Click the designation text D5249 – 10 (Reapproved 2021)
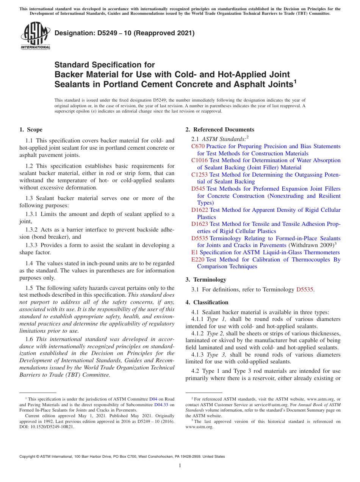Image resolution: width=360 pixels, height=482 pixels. [125, 33]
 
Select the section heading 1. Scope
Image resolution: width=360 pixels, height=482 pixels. [31, 130]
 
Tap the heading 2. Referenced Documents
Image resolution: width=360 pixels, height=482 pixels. [220, 130]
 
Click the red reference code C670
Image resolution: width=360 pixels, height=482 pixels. [198, 146]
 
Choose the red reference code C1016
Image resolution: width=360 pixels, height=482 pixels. [199, 160]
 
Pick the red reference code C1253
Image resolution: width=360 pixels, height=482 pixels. [199, 175]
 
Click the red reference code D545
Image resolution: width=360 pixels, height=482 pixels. [198, 189]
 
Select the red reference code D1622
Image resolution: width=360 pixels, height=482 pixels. [200, 210]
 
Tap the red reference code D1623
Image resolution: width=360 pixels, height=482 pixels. [200, 224]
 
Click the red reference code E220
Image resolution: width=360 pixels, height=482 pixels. [198, 260]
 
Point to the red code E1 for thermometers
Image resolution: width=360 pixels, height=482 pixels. [194, 252]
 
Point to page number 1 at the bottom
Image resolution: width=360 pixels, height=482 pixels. [180, 466]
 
